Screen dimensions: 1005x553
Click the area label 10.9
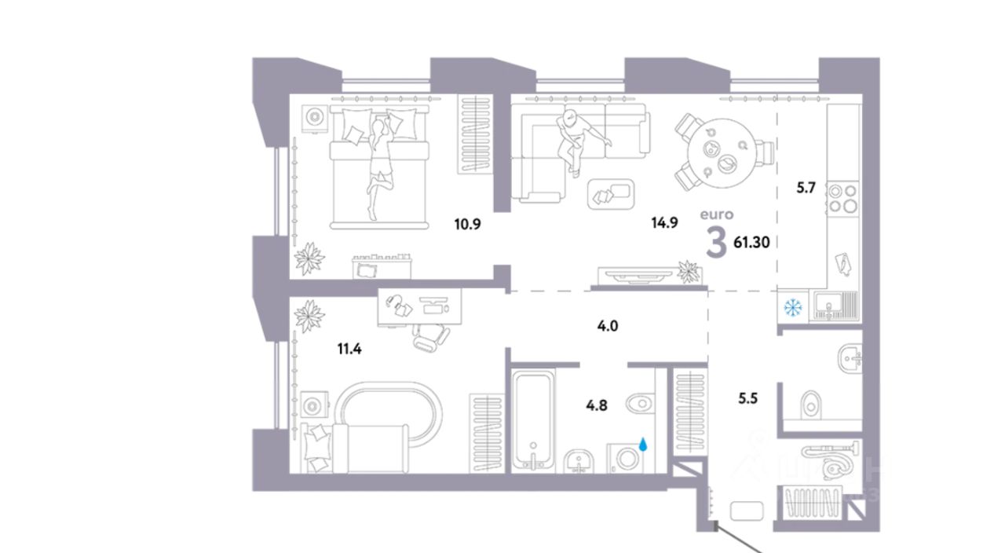(466, 223)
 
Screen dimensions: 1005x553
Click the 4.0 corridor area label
(607, 324)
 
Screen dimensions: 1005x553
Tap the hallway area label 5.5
(748, 398)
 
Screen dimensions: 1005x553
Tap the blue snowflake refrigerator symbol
(792, 306)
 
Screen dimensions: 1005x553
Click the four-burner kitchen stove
(842, 197)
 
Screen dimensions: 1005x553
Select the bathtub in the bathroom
(534, 421)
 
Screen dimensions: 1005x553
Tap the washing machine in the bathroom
(626, 459)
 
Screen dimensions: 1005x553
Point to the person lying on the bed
(379, 161)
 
